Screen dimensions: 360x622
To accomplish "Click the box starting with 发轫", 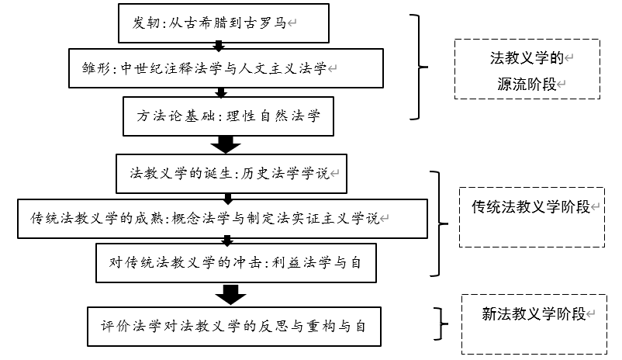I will coord(220,23).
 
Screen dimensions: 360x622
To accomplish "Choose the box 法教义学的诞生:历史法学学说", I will coord(230,174).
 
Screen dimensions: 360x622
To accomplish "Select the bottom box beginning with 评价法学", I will coord(234,326).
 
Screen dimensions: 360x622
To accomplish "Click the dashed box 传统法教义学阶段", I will coord(530,217).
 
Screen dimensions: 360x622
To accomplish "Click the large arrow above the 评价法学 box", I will coord(230,295).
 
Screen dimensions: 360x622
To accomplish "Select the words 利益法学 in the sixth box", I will coord(299,263).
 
